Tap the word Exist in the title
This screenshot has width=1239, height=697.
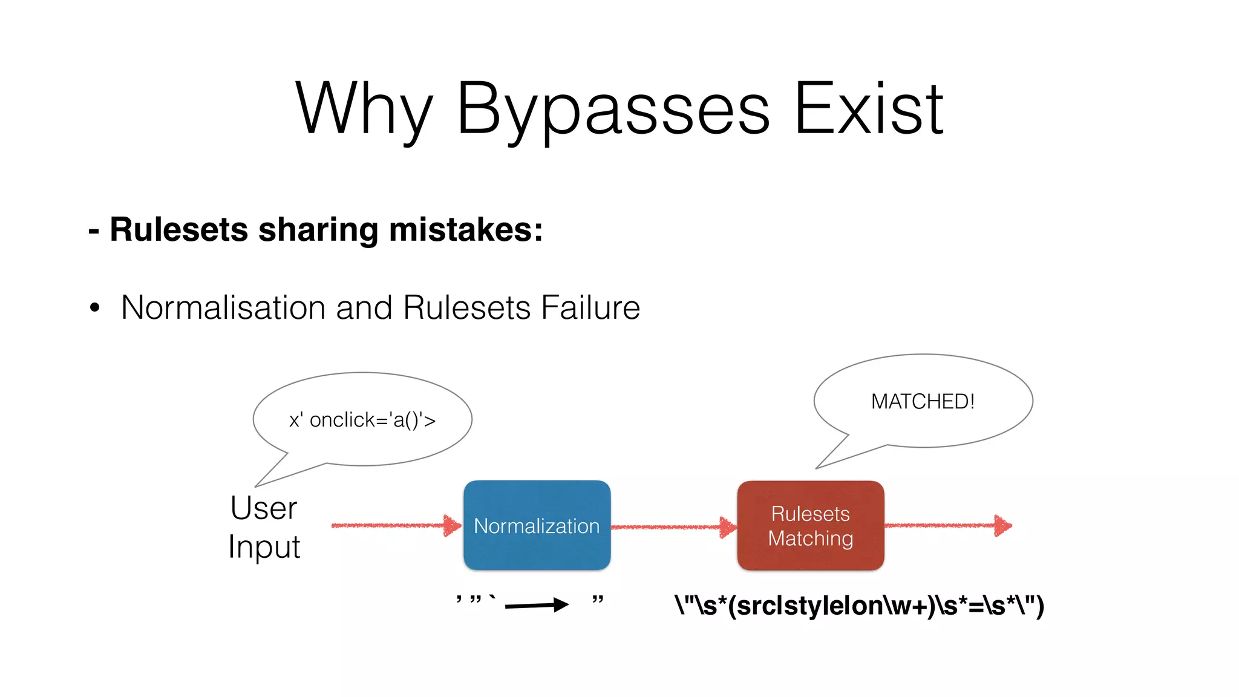click(x=868, y=109)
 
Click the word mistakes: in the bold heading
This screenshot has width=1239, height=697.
click(x=466, y=230)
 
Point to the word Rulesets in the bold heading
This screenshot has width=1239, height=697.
click(x=178, y=230)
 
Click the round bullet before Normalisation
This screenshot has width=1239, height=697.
click(x=94, y=307)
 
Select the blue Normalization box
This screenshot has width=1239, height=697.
click(x=537, y=525)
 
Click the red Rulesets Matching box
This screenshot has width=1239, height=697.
click(x=810, y=525)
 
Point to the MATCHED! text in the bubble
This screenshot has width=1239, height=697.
click(x=923, y=401)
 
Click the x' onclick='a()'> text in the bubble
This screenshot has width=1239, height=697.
click(x=362, y=419)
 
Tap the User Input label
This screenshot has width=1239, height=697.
click(x=264, y=527)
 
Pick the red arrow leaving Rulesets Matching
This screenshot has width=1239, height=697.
click(x=947, y=525)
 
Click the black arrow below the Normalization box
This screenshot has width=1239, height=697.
click(x=536, y=604)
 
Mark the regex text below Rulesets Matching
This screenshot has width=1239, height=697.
click(x=859, y=605)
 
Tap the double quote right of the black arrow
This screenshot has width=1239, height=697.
click(x=598, y=600)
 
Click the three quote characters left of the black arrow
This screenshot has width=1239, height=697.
click(x=476, y=600)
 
